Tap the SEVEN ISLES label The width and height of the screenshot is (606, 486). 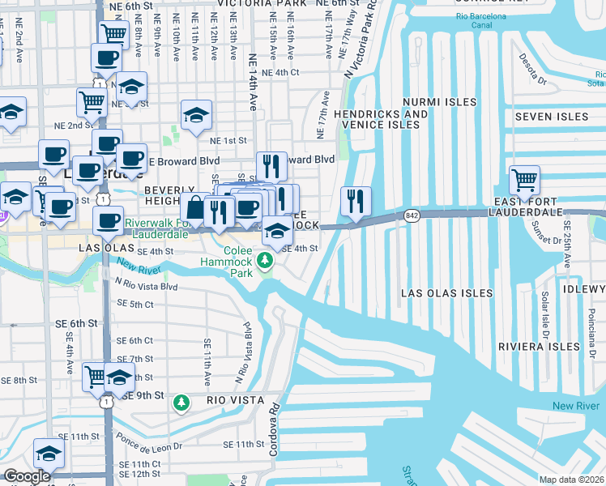pos(552,117)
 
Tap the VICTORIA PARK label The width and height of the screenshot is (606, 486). pos(258,4)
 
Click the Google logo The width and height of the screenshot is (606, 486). pos(28,476)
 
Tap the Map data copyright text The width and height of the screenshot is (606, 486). pos(572,479)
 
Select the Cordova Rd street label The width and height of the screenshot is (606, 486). pos(274,440)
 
